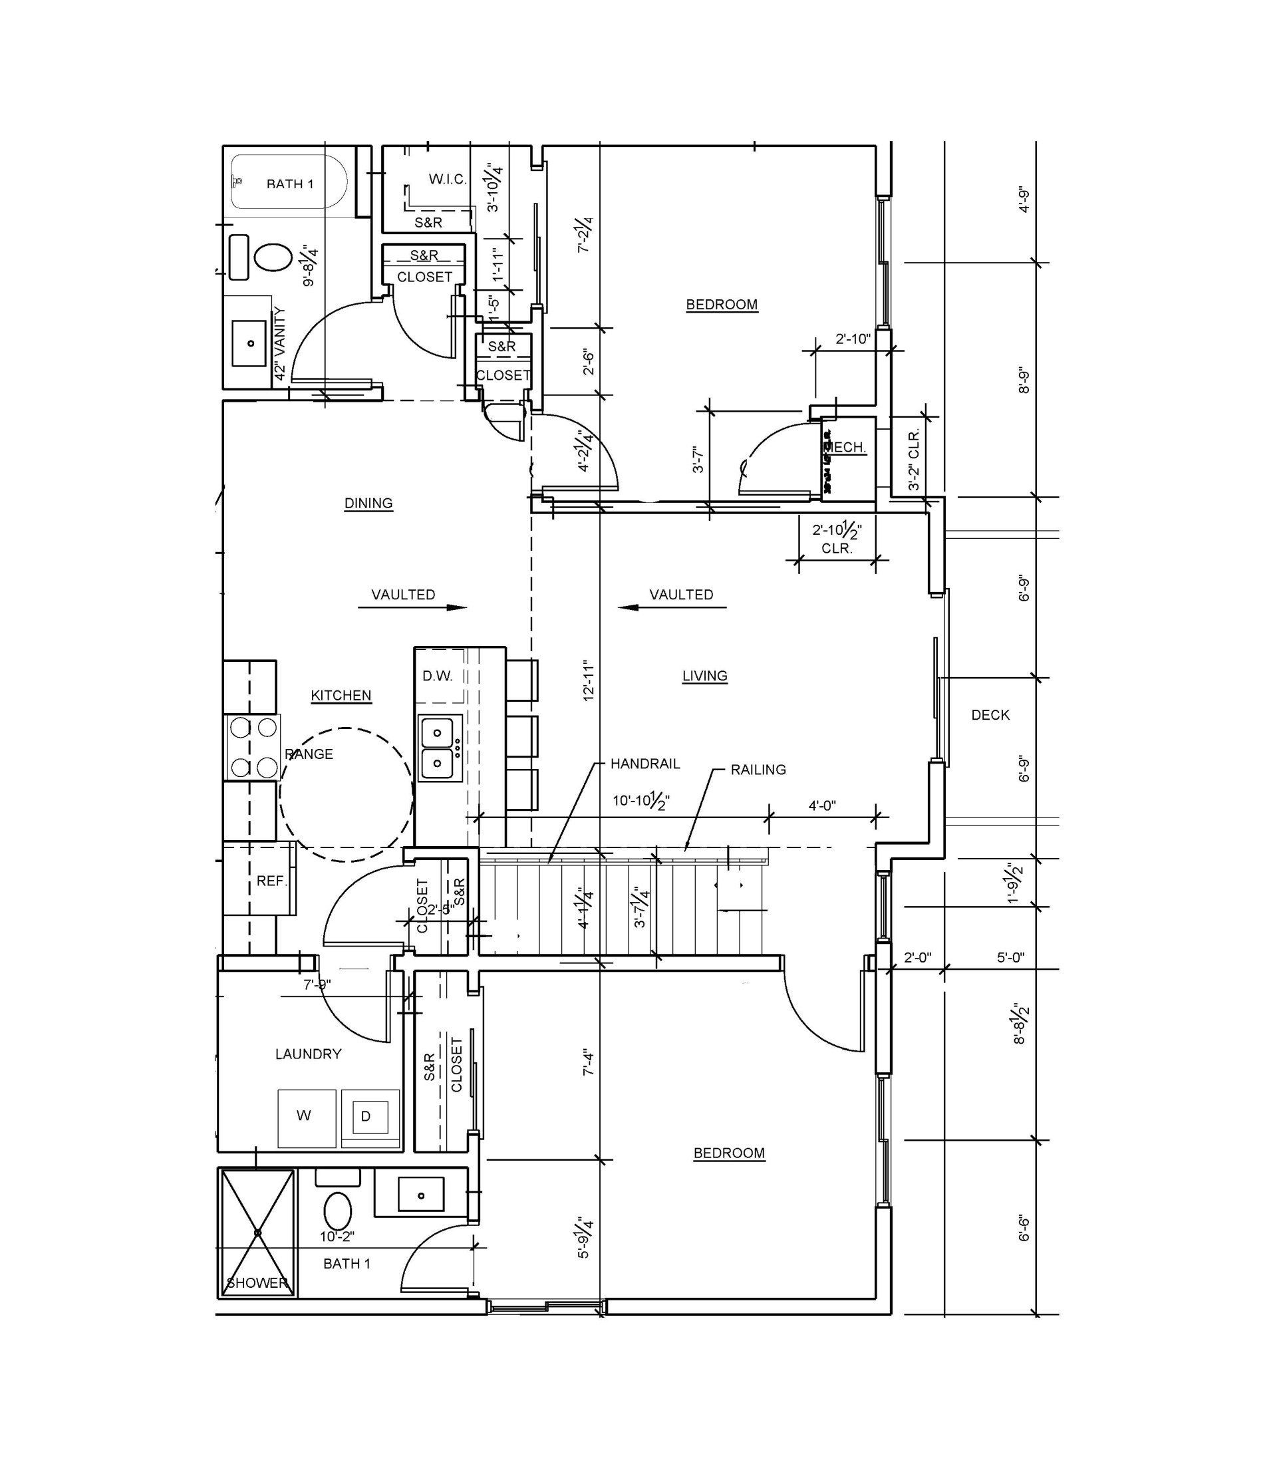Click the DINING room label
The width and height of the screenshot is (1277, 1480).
(368, 503)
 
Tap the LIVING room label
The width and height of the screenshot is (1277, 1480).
(704, 675)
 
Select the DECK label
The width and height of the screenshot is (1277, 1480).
(990, 714)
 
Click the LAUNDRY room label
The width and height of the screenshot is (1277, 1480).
(308, 1054)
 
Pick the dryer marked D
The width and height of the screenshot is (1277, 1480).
(366, 1115)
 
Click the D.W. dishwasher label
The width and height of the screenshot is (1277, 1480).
(437, 676)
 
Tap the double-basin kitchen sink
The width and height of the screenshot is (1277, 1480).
(438, 748)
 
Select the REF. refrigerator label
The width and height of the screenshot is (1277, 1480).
(271, 881)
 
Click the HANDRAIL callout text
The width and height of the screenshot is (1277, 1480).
(645, 764)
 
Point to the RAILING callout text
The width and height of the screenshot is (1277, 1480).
(758, 770)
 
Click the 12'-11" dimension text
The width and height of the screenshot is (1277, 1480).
(589, 679)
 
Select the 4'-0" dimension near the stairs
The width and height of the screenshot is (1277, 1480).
(822, 805)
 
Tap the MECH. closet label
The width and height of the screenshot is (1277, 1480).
(848, 447)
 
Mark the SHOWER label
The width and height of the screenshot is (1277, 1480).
(257, 1283)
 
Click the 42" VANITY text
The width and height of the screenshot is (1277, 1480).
(280, 343)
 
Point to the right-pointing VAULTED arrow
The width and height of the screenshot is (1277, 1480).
(412, 608)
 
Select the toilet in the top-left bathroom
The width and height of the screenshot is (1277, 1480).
(273, 257)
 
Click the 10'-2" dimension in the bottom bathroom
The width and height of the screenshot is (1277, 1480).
(337, 1237)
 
